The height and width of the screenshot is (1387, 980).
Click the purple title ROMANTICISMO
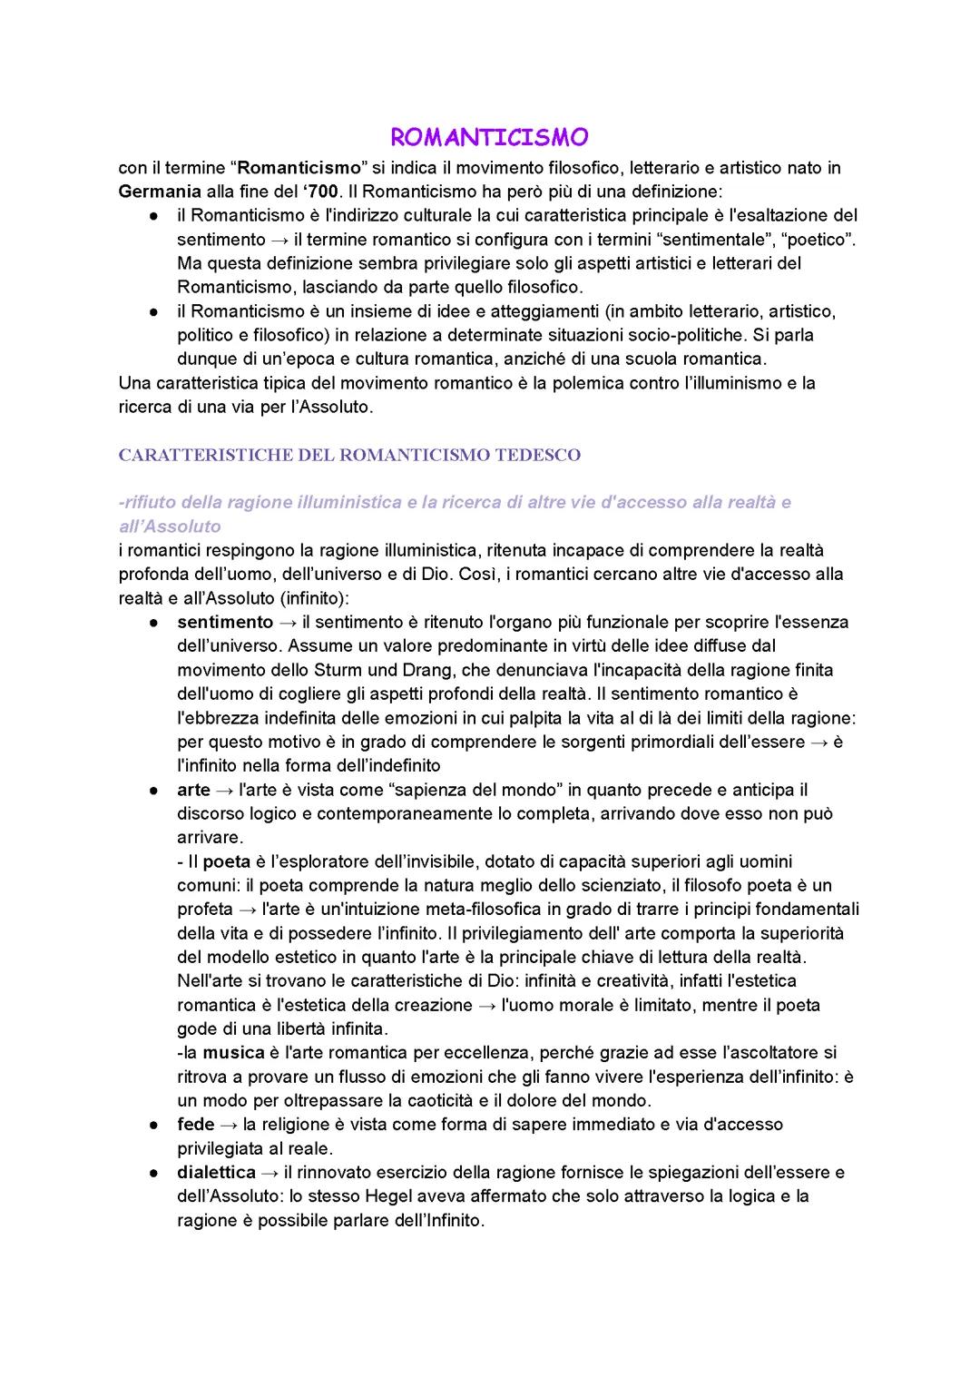tap(489, 137)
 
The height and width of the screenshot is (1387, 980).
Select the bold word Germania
tap(160, 192)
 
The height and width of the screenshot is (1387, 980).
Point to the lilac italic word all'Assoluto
tap(170, 526)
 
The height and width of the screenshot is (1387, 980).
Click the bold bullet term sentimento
tap(225, 623)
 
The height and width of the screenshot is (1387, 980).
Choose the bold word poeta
tap(226, 861)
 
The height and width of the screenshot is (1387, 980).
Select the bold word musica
tap(233, 1053)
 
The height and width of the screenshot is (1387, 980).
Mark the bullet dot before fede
tap(155, 1125)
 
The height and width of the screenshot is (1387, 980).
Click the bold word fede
tap(195, 1125)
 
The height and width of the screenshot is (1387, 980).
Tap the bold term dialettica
tap(216, 1173)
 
